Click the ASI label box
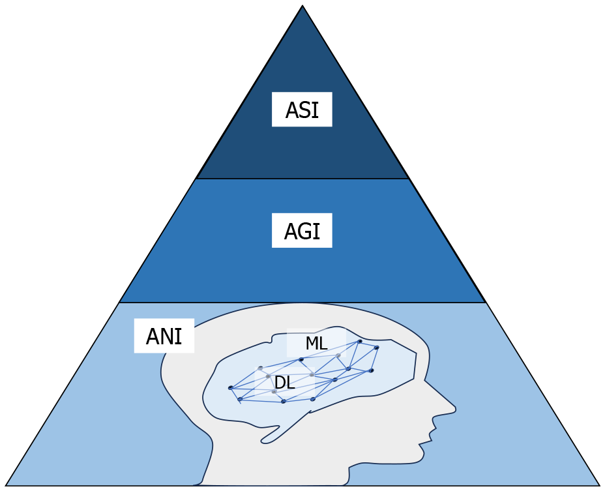[x=302, y=110]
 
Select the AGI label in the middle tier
[x=302, y=231]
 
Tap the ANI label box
[x=164, y=336]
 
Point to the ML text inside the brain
[x=316, y=343]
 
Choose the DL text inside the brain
[x=284, y=383]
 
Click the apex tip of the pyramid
[x=302, y=7]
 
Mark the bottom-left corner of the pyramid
[x=7, y=485]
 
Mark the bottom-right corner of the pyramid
[x=598, y=485]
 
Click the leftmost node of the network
[x=230, y=387]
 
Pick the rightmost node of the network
[x=376, y=348]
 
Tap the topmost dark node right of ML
[x=359, y=341]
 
